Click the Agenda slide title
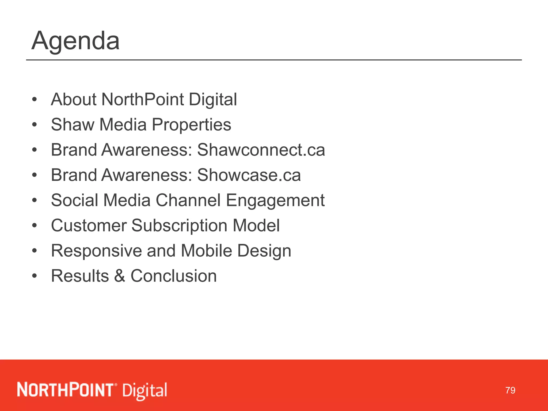(75, 41)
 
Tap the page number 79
(510, 390)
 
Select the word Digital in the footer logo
(145, 391)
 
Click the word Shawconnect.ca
(261, 150)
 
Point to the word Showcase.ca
(249, 175)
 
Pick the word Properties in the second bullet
(192, 125)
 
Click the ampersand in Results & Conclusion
(120, 276)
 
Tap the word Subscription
(179, 226)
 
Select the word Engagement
(275, 201)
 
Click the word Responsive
(96, 251)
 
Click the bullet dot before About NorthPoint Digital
(34, 100)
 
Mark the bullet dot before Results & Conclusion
(34, 276)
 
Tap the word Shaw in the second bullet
(73, 125)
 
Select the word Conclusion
(173, 276)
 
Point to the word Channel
(188, 200)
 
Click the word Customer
(89, 226)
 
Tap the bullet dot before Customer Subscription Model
(34, 226)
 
